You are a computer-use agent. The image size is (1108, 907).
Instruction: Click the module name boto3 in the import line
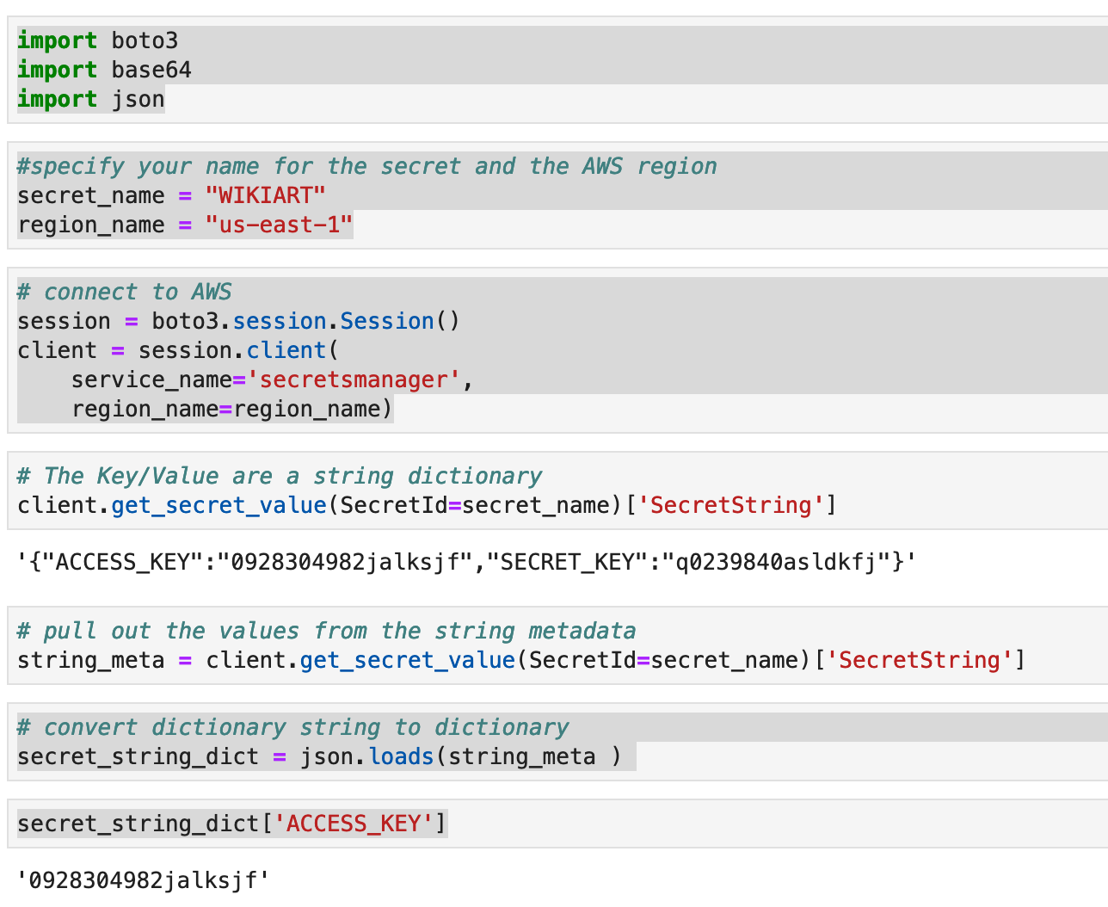[x=145, y=41]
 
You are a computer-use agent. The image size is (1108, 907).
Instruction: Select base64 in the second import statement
[x=151, y=70]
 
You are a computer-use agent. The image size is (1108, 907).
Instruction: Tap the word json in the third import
[x=138, y=99]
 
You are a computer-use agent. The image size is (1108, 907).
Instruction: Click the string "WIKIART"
[x=265, y=195]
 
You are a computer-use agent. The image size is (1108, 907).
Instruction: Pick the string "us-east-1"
[x=279, y=225]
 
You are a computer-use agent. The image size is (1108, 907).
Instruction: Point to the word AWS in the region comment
[x=602, y=167]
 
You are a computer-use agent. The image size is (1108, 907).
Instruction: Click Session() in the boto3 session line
[x=400, y=321]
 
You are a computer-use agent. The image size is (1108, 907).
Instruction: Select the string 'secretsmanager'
[x=353, y=380]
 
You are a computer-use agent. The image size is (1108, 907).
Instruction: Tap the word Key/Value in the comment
[x=158, y=476]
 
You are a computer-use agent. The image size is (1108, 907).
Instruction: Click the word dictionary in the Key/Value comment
[x=474, y=476]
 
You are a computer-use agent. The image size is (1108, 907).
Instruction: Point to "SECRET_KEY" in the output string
[x=573, y=562]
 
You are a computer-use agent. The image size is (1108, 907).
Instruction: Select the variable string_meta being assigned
[x=91, y=661]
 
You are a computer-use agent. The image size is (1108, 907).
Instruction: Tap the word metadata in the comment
[x=582, y=631]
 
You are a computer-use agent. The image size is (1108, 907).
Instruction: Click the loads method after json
[x=401, y=756]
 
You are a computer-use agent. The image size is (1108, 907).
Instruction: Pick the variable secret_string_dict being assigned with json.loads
[x=138, y=757]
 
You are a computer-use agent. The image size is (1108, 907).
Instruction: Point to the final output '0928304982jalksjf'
[x=143, y=880]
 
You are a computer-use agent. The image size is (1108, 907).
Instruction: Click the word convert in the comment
[x=90, y=728]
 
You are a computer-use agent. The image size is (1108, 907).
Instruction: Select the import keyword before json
[x=58, y=99]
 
